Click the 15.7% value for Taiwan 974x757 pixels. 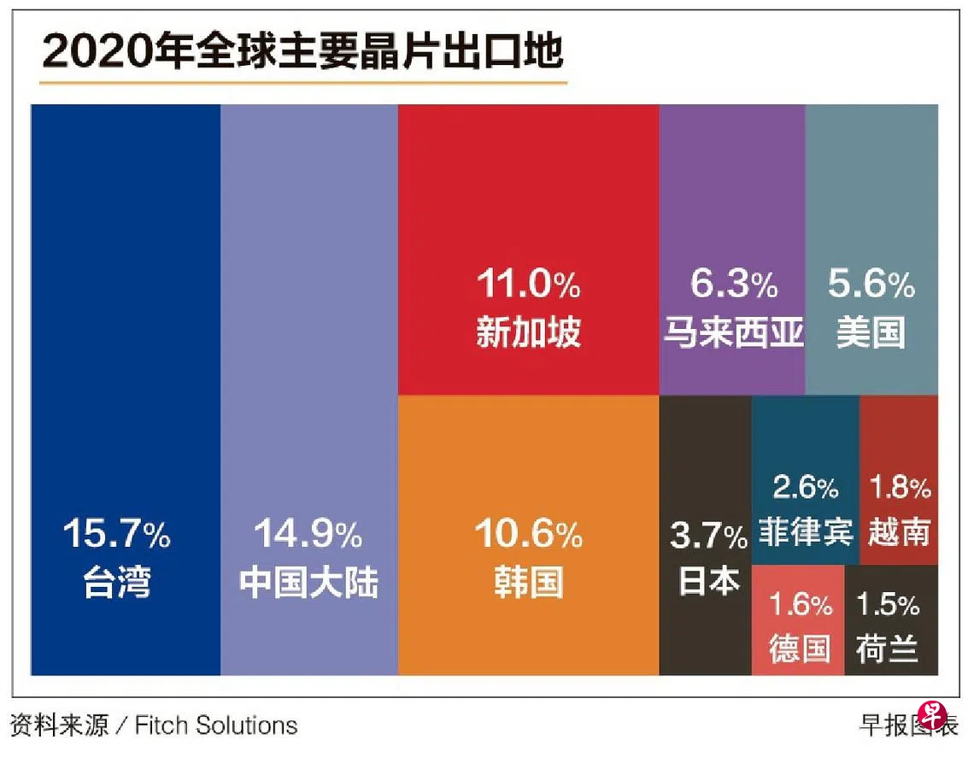point(117,536)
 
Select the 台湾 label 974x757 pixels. point(117,584)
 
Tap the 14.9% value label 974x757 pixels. point(308,536)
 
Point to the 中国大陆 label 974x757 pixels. point(308,584)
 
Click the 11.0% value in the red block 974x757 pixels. point(528,285)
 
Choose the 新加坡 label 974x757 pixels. point(528,332)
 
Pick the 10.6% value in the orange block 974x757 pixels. point(528,536)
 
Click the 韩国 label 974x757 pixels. point(528,584)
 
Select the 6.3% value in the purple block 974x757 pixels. point(733,285)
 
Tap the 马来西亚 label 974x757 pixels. point(733,332)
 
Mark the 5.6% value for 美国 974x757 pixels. point(871,285)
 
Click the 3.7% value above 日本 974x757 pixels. point(708,537)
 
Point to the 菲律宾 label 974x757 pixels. point(806,532)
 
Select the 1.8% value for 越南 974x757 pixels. point(900,489)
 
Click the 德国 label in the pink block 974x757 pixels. point(799,647)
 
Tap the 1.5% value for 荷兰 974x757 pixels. point(888,605)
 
